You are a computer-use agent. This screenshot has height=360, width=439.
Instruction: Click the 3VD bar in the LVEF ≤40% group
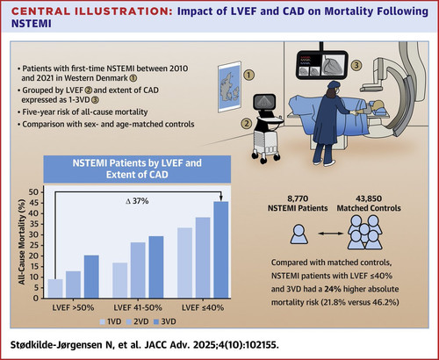coord(221,249)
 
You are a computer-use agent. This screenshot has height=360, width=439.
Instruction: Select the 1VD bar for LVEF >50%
coord(55,289)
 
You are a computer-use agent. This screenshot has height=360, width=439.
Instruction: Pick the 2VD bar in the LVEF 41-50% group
coord(138,270)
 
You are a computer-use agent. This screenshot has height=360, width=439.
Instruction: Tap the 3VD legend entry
coord(165,321)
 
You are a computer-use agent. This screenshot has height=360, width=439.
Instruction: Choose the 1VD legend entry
coord(111,321)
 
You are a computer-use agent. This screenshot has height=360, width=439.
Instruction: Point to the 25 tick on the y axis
coord(33,245)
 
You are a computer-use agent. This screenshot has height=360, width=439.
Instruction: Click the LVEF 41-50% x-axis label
coord(138,307)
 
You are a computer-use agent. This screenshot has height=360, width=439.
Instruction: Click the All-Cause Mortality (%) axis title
coord(22,241)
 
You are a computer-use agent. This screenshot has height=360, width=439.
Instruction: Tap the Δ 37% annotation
coord(137,201)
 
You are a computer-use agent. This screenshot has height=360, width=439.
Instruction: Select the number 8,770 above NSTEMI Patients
coord(298,198)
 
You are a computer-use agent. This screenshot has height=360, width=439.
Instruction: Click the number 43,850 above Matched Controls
coord(369,198)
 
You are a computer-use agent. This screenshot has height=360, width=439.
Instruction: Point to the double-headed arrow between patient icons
coord(330,234)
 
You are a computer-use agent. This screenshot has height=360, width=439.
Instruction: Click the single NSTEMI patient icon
coord(299,234)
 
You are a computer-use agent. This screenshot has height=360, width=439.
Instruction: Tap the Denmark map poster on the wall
coord(230,87)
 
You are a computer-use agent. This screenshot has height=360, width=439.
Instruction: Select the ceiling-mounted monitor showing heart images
coord(321,65)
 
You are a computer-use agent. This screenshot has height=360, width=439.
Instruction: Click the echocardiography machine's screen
coord(264,103)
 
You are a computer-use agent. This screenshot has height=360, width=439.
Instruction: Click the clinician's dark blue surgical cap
coord(334,84)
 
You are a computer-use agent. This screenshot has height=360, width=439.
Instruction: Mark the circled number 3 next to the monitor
coord(356,65)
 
